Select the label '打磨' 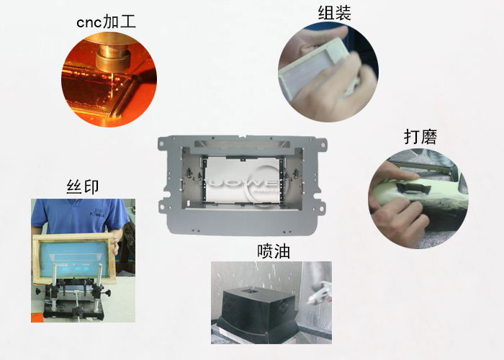[x=420, y=137]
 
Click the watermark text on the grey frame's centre [x=238, y=176]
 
